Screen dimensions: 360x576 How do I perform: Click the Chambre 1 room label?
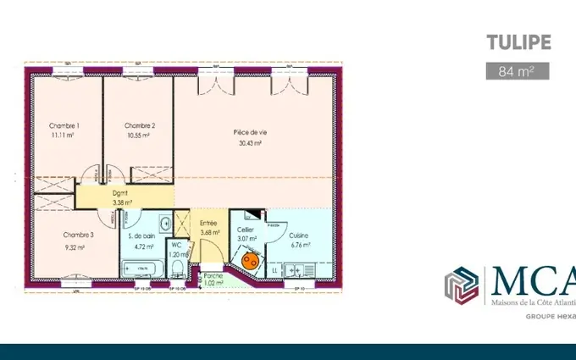coord(64,126)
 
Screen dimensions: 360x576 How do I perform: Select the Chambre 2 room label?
coord(136,126)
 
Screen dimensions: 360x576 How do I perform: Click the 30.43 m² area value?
coord(250,143)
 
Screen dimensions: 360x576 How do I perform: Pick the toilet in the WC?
coord(178,269)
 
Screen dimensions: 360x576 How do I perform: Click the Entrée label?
coord(208,224)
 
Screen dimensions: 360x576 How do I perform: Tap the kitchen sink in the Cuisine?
coord(296,270)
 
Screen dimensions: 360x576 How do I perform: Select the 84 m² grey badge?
coord(512,70)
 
